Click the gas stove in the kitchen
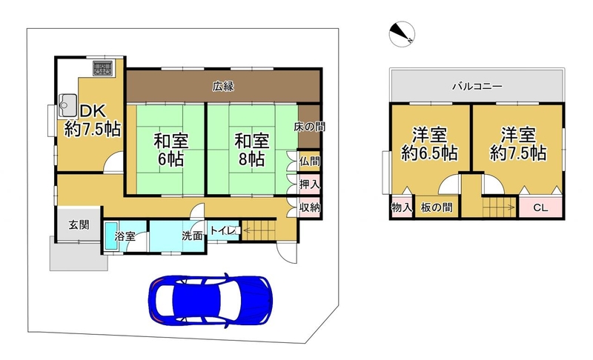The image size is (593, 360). click(102, 69)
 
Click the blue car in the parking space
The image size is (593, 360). click(211, 299)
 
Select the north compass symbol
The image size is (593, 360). click(402, 34)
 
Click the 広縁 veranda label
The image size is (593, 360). click(223, 86)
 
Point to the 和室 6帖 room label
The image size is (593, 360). click(170, 150)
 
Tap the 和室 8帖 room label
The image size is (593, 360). click(251, 150)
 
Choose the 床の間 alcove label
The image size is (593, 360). click(309, 127)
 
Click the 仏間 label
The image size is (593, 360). click(310, 161)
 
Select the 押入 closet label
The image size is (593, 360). click(310, 184)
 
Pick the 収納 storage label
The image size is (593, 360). click(310, 207)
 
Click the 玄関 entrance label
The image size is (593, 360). click(79, 224)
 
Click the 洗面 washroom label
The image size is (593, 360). click(192, 236)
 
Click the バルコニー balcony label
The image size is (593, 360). click(477, 87)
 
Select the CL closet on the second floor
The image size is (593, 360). click(540, 207)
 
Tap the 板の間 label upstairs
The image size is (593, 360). click(437, 207)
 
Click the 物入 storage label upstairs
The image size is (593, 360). click(401, 207)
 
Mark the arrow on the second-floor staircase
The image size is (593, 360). click(500, 207)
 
